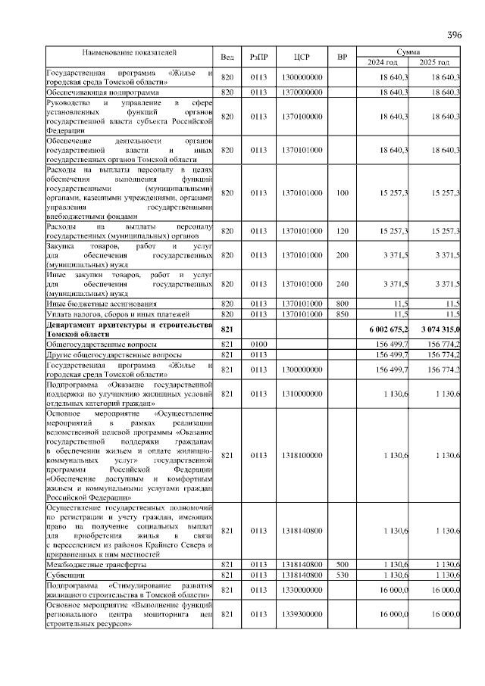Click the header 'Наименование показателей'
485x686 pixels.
coord(130,52)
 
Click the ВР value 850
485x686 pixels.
coord(343,313)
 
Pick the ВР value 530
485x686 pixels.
coord(343,575)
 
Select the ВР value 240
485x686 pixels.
coord(343,284)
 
